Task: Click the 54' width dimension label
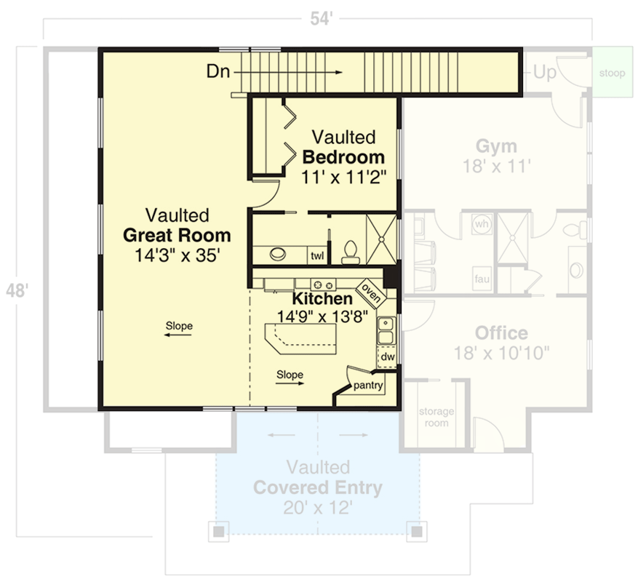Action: (x=319, y=20)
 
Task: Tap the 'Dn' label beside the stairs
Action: (x=219, y=71)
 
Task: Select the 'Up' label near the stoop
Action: (x=545, y=72)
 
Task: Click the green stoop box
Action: (x=611, y=73)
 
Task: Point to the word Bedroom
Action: (x=343, y=157)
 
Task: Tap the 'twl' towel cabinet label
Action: (x=317, y=255)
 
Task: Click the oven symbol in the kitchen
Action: (x=367, y=293)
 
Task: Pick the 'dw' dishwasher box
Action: (x=388, y=357)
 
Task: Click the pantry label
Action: (x=368, y=386)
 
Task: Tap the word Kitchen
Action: (x=322, y=299)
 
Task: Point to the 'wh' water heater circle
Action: (x=482, y=224)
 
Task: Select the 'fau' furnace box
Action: (x=481, y=278)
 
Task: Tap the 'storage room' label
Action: (x=436, y=417)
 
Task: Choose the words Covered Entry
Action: (x=317, y=487)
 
